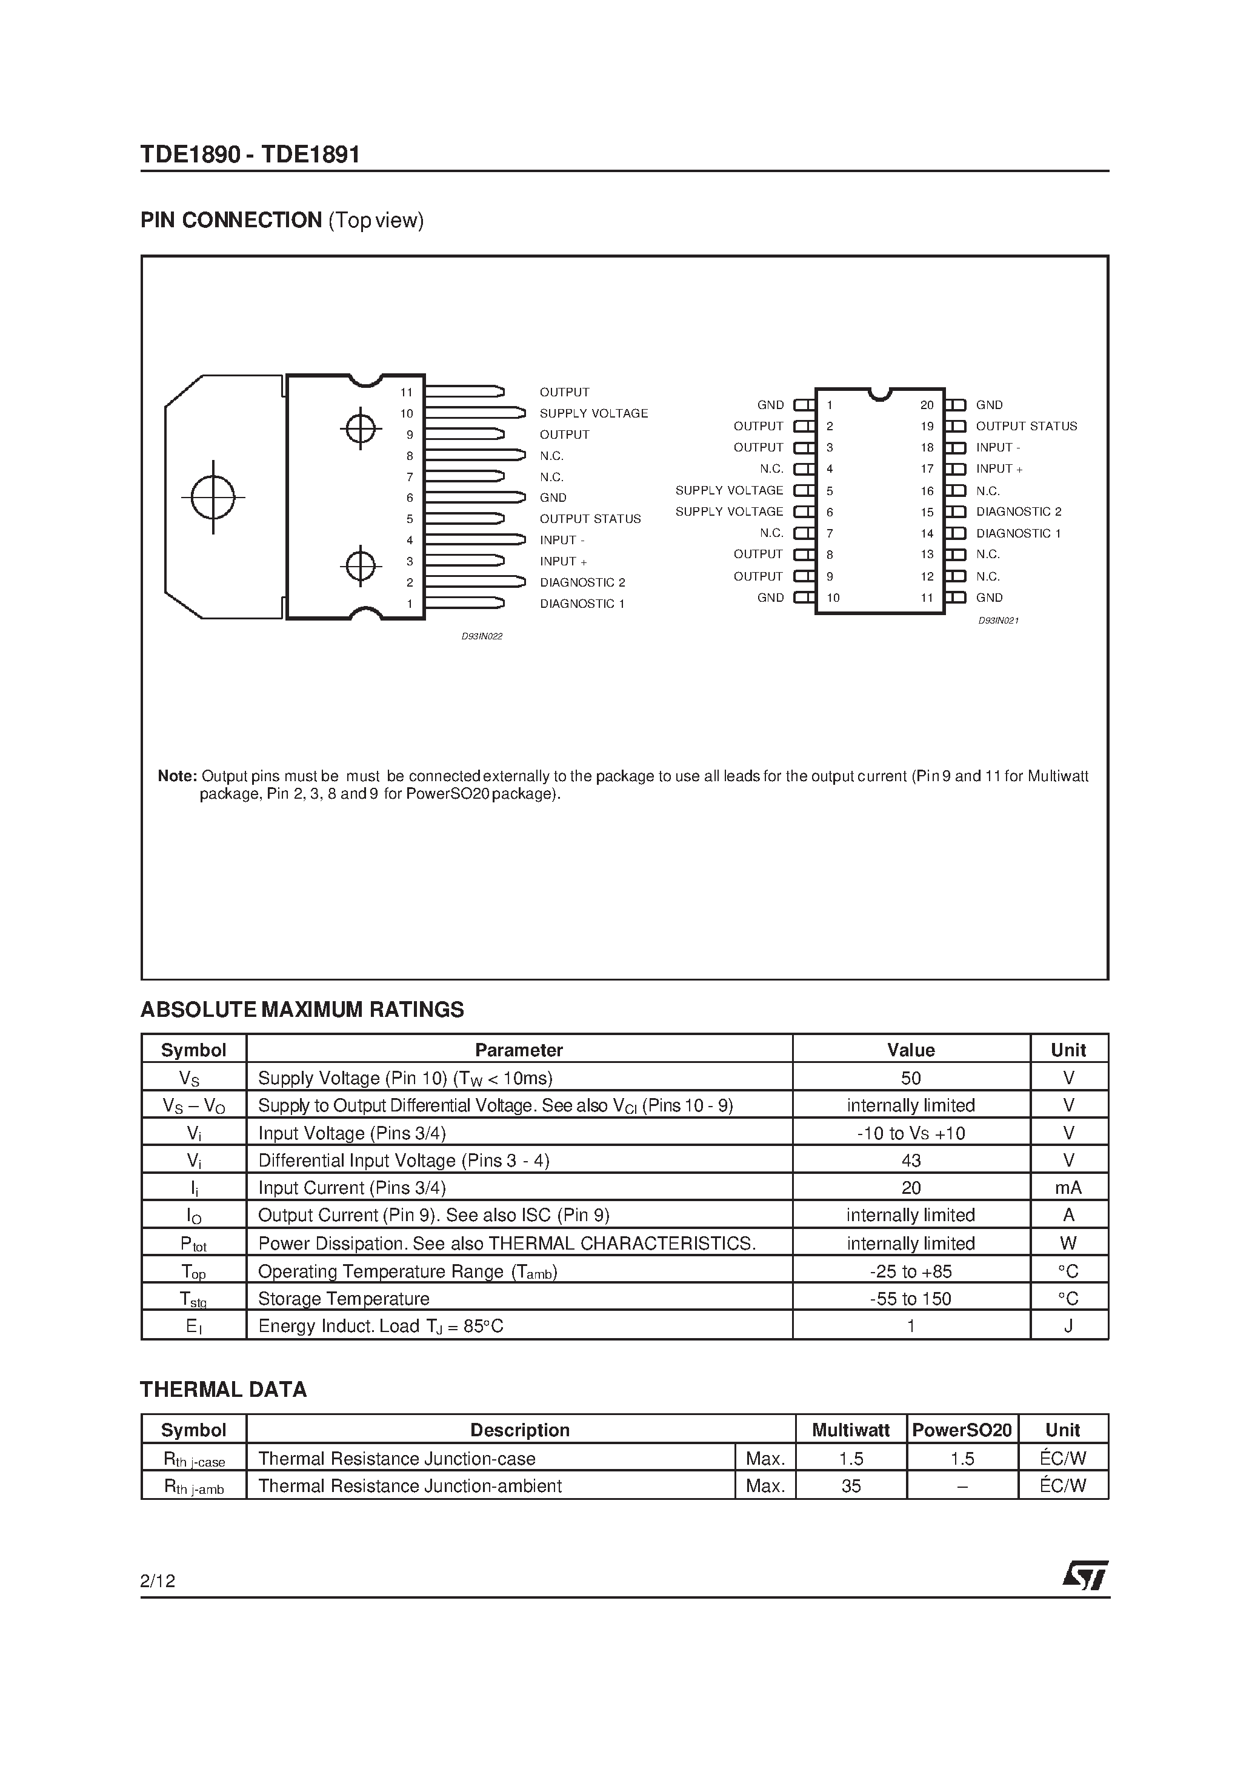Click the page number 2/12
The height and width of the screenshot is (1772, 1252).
click(x=158, y=1581)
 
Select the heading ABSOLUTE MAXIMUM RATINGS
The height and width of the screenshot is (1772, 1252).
click(x=302, y=1010)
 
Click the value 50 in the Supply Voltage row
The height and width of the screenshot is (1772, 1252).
click(x=911, y=1078)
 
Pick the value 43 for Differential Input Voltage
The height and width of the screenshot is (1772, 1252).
click(x=911, y=1160)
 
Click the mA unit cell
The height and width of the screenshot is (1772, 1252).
click(x=1068, y=1188)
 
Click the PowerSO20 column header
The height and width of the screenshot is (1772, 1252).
click(x=962, y=1430)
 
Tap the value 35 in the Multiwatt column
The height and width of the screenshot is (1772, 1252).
click(x=851, y=1486)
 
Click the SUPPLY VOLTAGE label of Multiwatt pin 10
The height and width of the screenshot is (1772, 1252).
click(x=594, y=414)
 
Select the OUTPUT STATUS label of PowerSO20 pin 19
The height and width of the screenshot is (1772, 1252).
click(x=1026, y=426)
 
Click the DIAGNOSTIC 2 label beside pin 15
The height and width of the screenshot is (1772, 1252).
click(x=1018, y=511)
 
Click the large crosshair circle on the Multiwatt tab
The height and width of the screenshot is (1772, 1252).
click(x=213, y=497)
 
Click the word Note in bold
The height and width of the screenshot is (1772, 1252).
click(x=177, y=776)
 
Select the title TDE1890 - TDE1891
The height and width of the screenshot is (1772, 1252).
click(x=250, y=155)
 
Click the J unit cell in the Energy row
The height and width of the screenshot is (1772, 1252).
click(x=1068, y=1326)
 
